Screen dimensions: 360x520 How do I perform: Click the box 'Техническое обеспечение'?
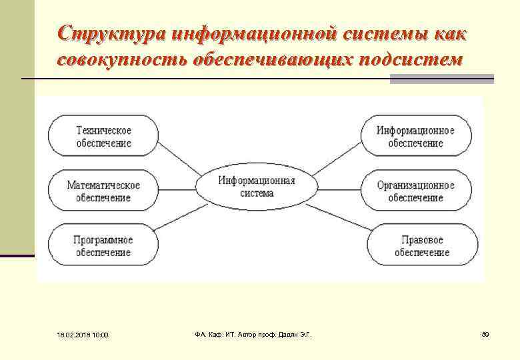[x=103, y=137]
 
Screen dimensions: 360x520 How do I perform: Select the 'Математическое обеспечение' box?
[x=103, y=191]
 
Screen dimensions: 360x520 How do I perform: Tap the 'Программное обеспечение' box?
[x=103, y=246]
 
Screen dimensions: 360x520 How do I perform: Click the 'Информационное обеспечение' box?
[x=415, y=137]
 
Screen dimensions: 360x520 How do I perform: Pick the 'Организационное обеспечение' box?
[x=415, y=191]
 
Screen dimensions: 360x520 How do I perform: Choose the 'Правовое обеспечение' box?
[x=422, y=246]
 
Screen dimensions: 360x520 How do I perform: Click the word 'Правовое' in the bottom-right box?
[x=422, y=240]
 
